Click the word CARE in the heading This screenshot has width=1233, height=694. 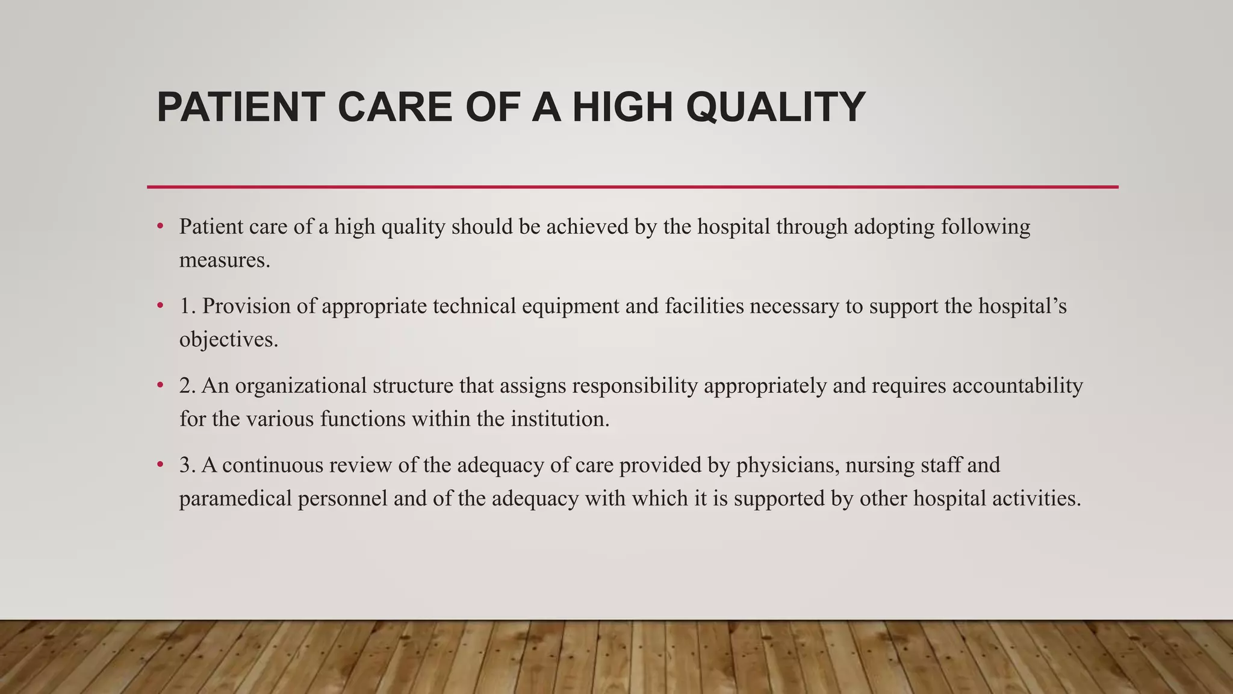[x=396, y=107]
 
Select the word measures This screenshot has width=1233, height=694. [x=225, y=260]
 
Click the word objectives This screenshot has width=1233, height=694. [x=229, y=340]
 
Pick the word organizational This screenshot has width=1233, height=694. [x=300, y=386]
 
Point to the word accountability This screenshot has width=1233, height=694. [x=1017, y=386]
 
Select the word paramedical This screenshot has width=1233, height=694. [x=235, y=499]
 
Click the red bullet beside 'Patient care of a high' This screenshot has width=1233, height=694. [x=160, y=227]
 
